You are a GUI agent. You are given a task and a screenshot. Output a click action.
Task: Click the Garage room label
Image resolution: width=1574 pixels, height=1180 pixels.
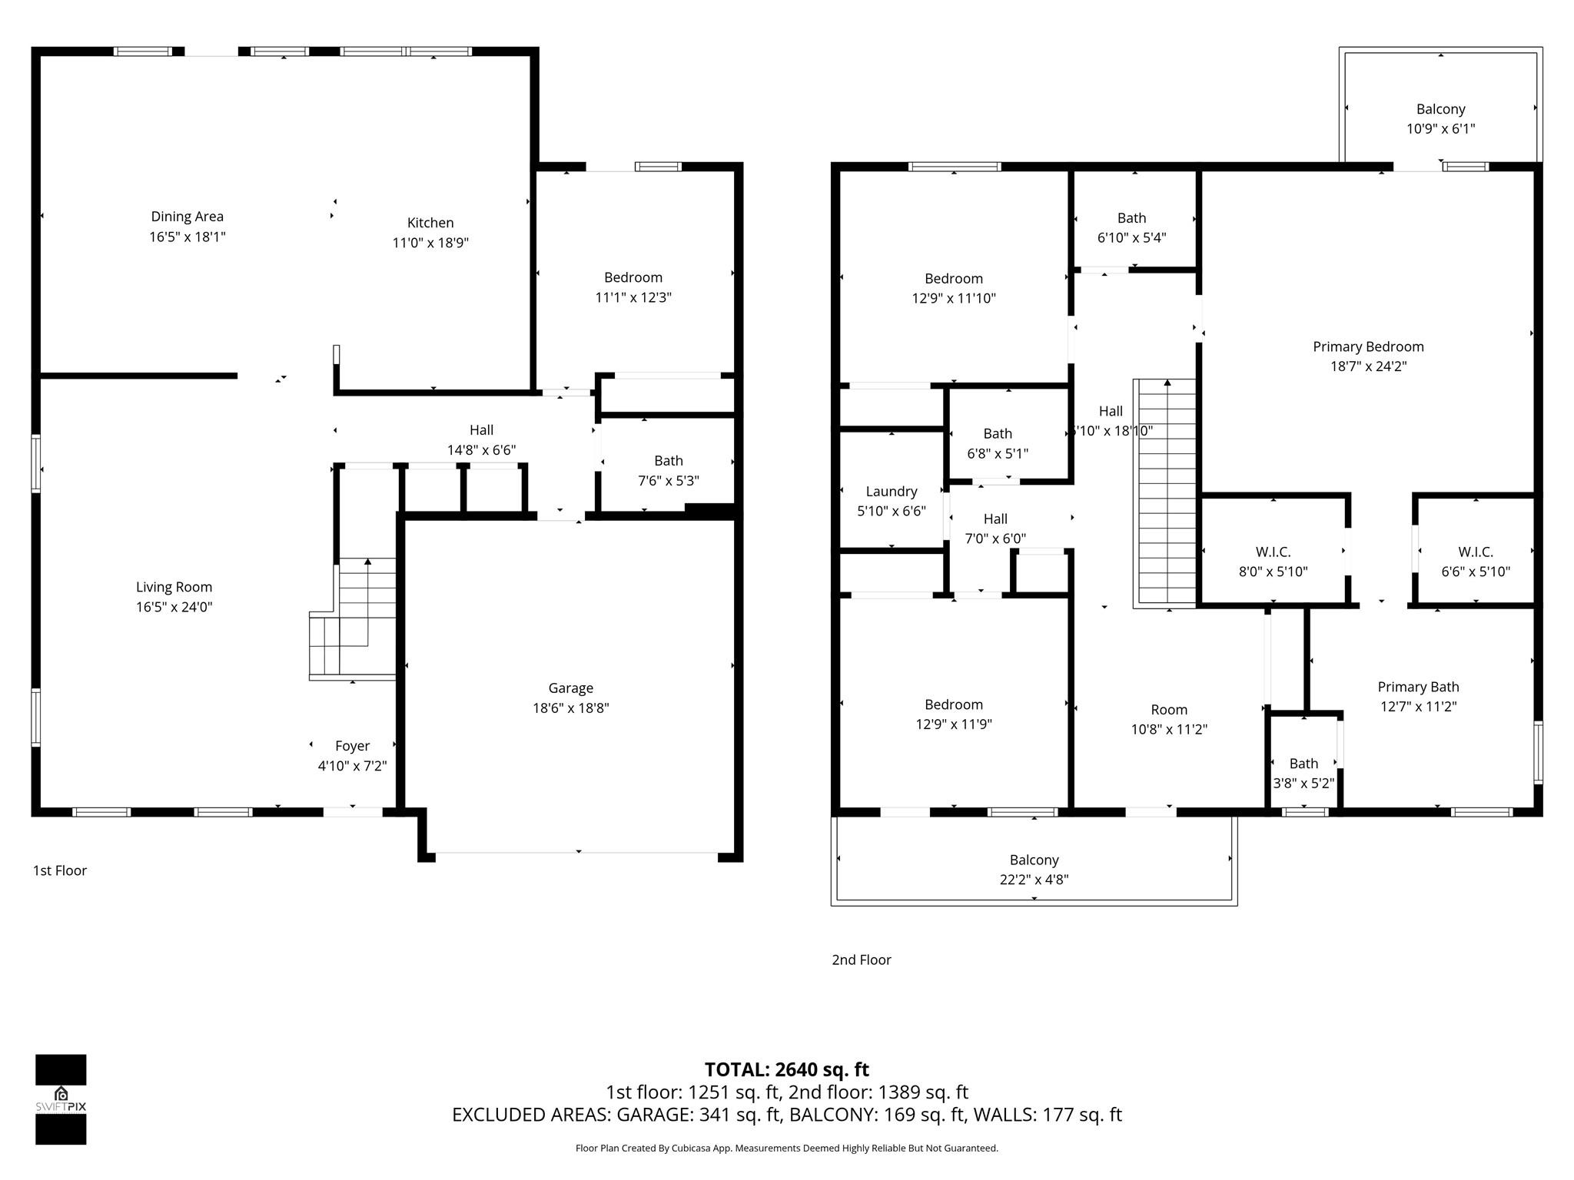tap(570, 688)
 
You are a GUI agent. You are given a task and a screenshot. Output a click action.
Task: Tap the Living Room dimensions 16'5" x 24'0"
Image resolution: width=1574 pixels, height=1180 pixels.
tap(174, 607)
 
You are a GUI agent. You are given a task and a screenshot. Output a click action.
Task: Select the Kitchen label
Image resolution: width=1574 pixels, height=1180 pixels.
tap(430, 223)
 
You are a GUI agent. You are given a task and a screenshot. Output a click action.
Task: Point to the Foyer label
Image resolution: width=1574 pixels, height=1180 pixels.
tap(352, 746)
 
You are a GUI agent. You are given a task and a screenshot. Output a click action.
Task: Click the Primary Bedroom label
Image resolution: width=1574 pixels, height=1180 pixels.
tap(1368, 347)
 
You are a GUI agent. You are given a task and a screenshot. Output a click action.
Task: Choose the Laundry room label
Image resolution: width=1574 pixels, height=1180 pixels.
tap(892, 492)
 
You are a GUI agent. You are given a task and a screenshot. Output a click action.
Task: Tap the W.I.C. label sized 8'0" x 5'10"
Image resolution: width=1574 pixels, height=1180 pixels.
tap(1273, 552)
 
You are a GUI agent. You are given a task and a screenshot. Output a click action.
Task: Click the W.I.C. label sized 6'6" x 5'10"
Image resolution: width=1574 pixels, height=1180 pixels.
tap(1475, 552)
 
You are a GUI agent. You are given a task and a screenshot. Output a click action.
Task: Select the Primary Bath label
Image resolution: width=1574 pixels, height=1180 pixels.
tap(1418, 688)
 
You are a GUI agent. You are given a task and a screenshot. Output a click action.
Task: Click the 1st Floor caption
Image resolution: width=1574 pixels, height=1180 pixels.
tap(60, 870)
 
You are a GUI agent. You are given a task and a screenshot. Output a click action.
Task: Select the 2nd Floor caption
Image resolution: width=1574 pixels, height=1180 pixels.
tap(861, 960)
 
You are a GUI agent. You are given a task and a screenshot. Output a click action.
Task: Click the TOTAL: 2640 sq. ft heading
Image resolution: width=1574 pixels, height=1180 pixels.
tap(786, 1069)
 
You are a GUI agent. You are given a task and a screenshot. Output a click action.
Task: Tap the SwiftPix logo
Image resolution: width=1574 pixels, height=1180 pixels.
tap(61, 1099)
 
